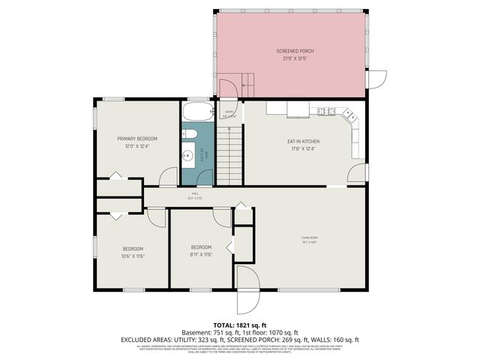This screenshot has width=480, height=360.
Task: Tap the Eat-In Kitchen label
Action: (304, 141)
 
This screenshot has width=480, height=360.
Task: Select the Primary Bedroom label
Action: (137, 139)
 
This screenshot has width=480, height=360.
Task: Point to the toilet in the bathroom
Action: (190, 135)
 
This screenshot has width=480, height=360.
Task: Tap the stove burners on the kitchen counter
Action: (325, 112)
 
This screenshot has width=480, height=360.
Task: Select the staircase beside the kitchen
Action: (230, 154)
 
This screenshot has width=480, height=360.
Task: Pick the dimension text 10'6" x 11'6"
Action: (133, 256)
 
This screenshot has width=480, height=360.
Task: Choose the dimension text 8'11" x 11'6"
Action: (201, 254)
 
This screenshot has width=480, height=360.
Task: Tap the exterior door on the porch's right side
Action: (377, 80)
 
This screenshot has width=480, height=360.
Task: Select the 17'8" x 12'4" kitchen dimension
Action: (304, 148)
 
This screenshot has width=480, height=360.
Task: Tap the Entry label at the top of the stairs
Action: (229, 113)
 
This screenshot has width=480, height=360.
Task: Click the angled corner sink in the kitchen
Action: (347, 115)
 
